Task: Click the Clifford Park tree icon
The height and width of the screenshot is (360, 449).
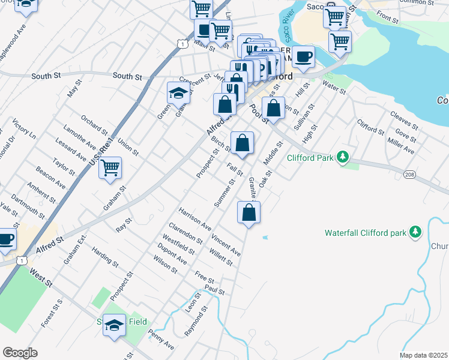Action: [343, 157]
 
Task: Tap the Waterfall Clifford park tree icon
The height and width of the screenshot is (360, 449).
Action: [415, 232]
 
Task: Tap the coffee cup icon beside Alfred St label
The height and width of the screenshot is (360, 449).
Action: [6, 239]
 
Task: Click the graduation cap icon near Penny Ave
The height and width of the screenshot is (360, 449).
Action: [114, 325]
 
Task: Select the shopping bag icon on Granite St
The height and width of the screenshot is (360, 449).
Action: [249, 212]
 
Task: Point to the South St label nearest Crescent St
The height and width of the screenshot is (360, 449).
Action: [127, 77]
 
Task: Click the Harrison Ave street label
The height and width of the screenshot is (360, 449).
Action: [195, 219]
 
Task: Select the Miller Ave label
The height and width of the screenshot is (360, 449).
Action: [400, 145]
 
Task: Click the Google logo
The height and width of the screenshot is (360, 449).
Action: [20, 353]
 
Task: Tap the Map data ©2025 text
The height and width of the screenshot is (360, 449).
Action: [423, 355]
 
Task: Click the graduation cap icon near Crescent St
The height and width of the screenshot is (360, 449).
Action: [178, 92]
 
